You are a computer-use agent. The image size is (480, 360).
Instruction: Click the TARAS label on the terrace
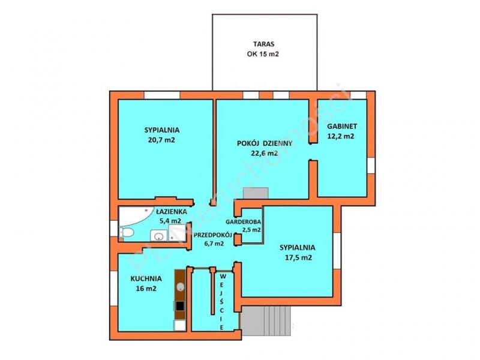263,44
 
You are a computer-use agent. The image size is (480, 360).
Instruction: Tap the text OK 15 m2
263,54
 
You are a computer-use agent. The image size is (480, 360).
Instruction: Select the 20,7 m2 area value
161,140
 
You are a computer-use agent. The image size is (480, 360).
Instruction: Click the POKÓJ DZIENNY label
265,143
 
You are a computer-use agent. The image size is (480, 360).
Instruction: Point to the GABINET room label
342,126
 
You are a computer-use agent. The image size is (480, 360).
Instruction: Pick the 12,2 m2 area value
341,136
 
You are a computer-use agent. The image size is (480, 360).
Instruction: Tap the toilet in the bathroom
127,233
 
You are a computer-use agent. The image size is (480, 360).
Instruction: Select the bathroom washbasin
158,236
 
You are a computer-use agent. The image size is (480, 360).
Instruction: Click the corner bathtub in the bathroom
134,215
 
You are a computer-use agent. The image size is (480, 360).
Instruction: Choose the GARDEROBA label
244,221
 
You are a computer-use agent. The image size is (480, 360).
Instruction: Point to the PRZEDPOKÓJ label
213,235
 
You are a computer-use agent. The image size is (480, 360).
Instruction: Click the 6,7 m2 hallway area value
214,244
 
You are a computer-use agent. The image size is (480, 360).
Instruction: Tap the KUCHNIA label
146,279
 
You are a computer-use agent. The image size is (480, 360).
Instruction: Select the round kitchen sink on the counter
181,287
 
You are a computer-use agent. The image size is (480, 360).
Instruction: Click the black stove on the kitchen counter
180,306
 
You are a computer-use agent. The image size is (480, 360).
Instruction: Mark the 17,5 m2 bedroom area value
298,257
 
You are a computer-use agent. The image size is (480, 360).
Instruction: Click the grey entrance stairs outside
266,320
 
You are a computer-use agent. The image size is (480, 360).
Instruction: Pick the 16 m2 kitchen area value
146,289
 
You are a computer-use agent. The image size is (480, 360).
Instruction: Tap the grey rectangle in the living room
256,193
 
